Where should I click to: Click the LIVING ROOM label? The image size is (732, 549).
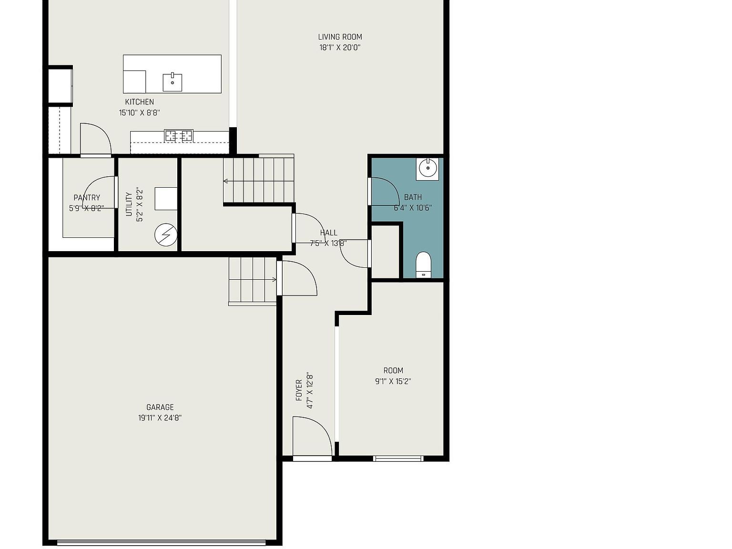(x=340, y=37)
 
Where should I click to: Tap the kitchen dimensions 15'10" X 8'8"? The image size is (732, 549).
(x=139, y=113)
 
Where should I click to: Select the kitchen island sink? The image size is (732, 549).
(x=172, y=82)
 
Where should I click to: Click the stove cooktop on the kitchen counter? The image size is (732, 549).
(x=179, y=136)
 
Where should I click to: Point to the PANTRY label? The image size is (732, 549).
(x=87, y=198)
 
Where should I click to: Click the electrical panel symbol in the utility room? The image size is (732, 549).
(x=166, y=235)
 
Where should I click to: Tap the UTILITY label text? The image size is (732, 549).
(x=129, y=204)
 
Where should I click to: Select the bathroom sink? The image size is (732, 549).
(x=427, y=168)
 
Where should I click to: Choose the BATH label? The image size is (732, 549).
(x=413, y=197)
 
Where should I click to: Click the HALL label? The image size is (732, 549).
(x=328, y=233)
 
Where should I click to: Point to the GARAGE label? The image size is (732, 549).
(x=160, y=407)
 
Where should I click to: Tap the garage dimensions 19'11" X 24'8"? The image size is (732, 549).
(x=160, y=418)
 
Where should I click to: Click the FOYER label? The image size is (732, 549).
(x=299, y=390)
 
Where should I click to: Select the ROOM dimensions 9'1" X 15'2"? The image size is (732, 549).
(x=393, y=381)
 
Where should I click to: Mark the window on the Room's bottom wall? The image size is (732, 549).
(x=398, y=459)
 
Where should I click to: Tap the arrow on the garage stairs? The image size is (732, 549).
(x=274, y=279)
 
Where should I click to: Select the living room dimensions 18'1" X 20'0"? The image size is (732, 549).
(x=340, y=48)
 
